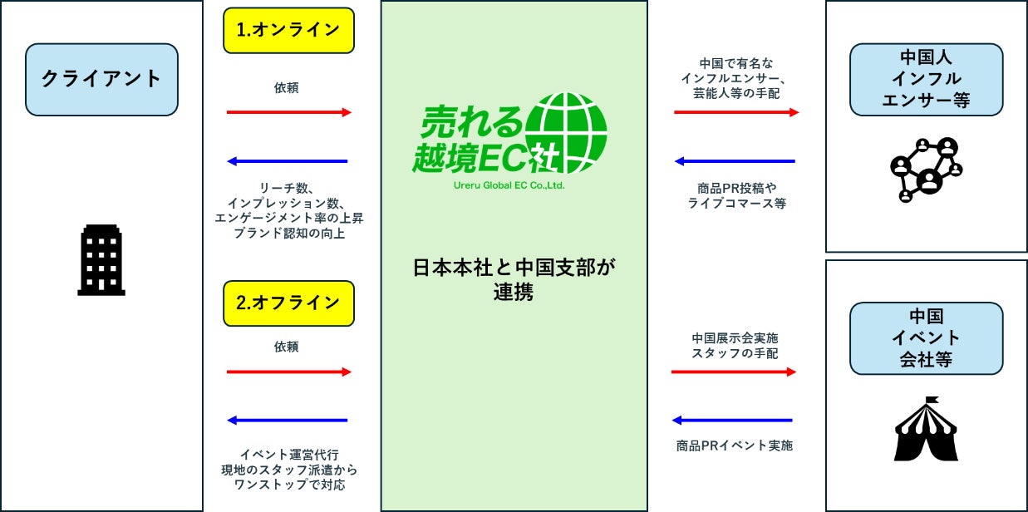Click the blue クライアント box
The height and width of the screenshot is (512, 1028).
click(101, 79)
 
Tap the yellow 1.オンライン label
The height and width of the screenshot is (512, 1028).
click(288, 30)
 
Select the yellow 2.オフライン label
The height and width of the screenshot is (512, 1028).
click(288, 303)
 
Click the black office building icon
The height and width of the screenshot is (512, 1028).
click(101, 261)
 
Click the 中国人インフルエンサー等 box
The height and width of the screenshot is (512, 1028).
click(926, 79)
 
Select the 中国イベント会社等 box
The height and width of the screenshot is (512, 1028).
click(926, 338)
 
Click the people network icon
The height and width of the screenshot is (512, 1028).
click(926, 169)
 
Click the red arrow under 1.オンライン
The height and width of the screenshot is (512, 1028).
click(288, 112)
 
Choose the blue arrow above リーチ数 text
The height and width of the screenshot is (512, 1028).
click(288, 161)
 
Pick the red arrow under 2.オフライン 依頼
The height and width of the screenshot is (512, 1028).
click(288, 372)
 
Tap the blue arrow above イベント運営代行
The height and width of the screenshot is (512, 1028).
click(288, 421)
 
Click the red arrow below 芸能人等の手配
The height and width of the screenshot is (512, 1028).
click(735, 112)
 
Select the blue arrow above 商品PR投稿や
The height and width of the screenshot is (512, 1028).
click(735, 161)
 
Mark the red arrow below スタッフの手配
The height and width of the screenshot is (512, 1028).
click(734, 372)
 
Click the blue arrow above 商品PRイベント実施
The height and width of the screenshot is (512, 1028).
click(734, 421)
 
